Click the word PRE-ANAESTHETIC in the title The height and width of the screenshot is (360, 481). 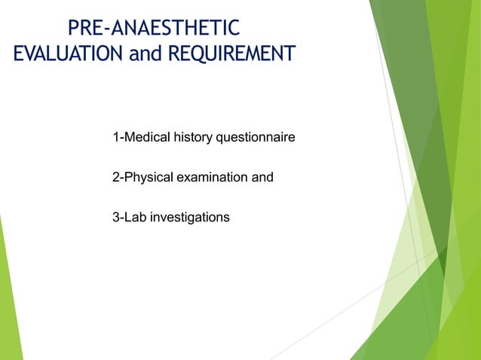(154, 29)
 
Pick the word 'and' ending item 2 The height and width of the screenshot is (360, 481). (262, 178)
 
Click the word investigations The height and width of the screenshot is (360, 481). (189, 218)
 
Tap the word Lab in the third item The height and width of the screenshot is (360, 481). (135, 218)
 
